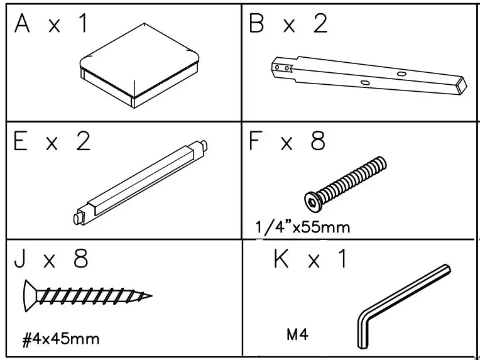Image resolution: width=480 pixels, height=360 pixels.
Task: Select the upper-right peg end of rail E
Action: (x=204, y=148)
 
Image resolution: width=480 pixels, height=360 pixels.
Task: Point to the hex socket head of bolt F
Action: (x=313, y=200)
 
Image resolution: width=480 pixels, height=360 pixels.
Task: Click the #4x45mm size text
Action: (x=61, y=340)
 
